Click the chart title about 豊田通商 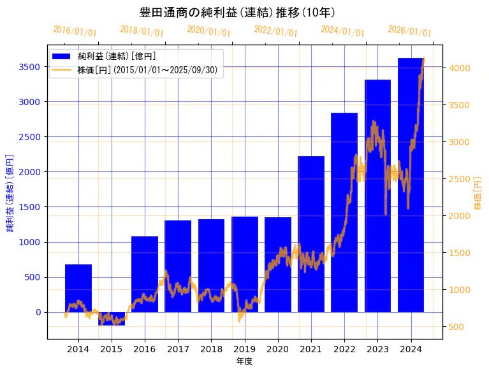[238, 12]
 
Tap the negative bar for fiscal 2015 [112, 318]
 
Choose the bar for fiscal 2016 [145, 274]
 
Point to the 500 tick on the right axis [456, 327]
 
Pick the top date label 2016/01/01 [75, 31]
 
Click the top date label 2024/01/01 [343, 31]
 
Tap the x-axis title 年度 [244, 361]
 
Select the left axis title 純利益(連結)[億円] [10, 192]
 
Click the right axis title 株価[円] [478, 194]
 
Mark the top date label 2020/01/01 [209, 31]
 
